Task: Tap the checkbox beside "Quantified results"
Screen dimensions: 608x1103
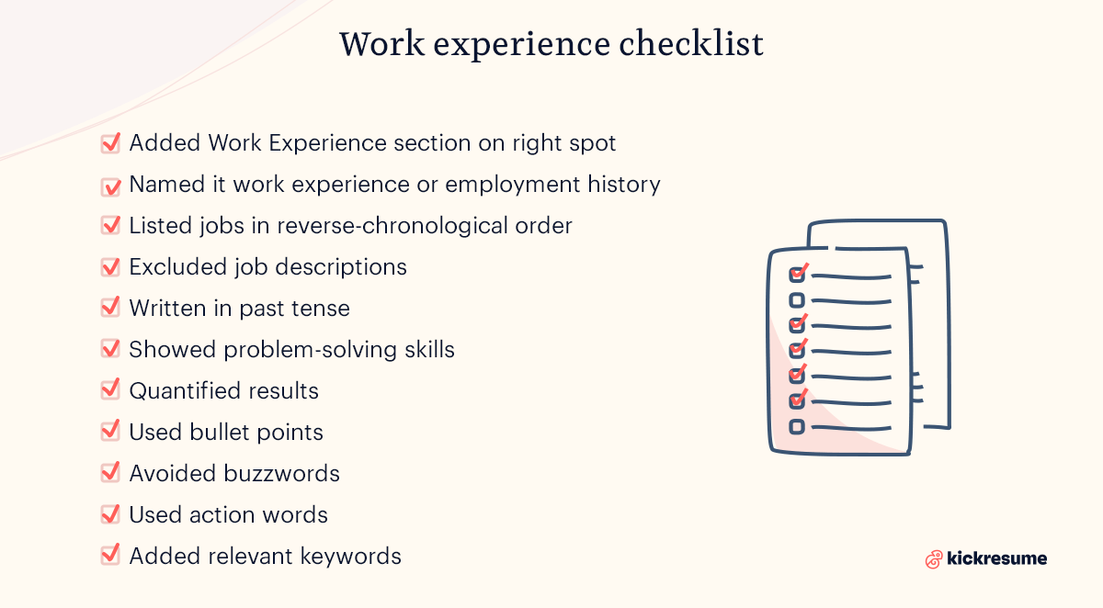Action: tap(110, 390)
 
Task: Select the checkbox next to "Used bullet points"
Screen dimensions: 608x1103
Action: tap(110, 432)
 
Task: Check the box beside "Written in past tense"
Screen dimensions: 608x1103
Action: tap(110, 308)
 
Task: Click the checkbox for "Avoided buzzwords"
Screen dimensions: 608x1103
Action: tap(110, 473)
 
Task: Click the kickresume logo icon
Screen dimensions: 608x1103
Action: tap(934, 558)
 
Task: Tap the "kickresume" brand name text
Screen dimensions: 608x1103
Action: tap(997, 557)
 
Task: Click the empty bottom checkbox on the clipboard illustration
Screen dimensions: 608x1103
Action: tap(797, 426)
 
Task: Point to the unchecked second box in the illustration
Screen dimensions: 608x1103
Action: tap(797, 299)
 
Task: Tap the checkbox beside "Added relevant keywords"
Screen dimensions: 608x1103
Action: tap(110, 556)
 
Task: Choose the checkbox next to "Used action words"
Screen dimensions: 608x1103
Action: tap(110, 514)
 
